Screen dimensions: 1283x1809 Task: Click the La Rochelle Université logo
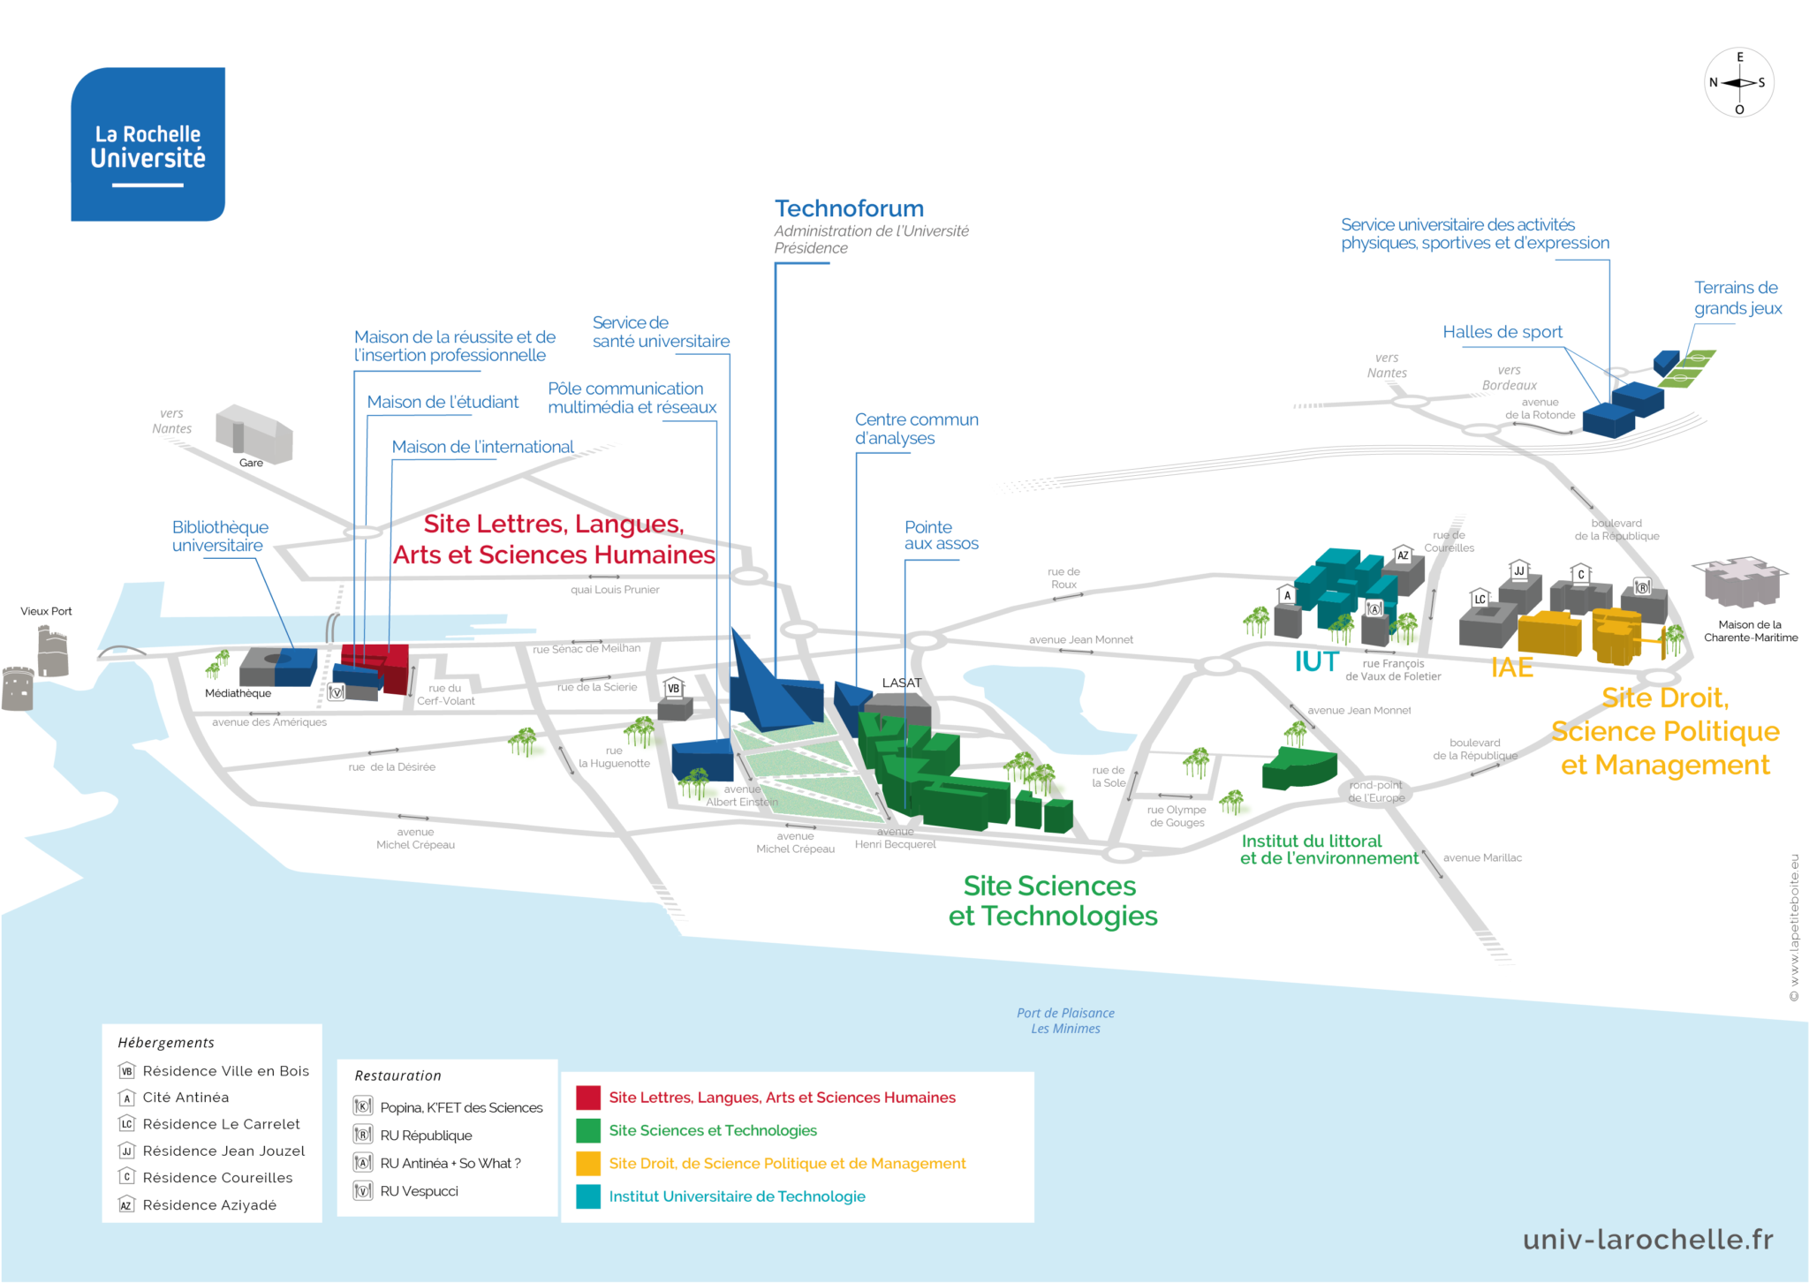(148, 144)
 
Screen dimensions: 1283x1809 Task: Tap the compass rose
(1738, 83)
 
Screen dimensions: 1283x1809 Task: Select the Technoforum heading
(849, 208)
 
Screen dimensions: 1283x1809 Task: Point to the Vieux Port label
(46, 611)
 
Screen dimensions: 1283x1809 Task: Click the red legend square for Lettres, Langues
(587, 1098)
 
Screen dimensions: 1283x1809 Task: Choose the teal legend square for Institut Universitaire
(587, 1196)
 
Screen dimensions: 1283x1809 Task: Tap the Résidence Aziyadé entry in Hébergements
(209, 1205)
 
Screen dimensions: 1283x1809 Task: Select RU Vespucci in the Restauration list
(419, 1191)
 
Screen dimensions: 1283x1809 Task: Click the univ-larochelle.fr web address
(1647, 1240)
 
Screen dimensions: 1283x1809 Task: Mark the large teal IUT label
(1316, 661)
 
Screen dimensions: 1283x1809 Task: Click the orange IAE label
(1511, 668)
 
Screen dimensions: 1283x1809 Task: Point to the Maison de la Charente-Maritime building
(1738, 580)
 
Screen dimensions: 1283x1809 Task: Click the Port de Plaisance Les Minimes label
(1065, 1021)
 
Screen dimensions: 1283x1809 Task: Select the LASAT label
(901, 683)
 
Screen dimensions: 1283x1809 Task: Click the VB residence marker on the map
(674, 689)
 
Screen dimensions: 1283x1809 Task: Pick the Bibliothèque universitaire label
(220, 536)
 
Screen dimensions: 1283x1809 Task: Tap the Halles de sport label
(1502, 332)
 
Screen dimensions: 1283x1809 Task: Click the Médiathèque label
(238, 693)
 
